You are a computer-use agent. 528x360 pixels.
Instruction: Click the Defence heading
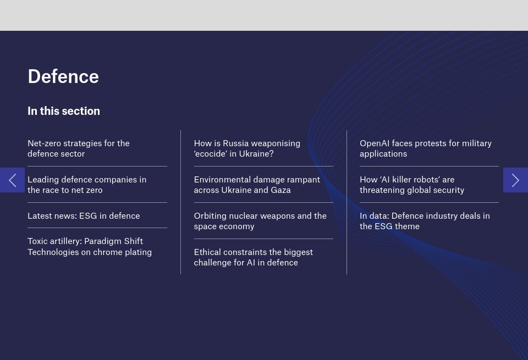[x=63, y=76]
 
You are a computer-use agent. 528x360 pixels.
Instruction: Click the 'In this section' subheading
[x=64, y=111]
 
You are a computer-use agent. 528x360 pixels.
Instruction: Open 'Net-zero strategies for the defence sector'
[x=79, y=148]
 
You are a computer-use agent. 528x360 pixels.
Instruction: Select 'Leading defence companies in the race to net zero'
[x=87, y=185]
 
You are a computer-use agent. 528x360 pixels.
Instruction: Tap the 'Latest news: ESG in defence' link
[x=84, y=216]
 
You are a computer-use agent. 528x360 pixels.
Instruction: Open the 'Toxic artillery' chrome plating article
[x=90, y=247]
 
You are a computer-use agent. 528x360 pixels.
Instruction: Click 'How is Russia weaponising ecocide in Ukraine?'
[x=247, y=148]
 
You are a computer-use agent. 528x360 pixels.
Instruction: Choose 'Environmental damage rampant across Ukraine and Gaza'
[x=257, y=185]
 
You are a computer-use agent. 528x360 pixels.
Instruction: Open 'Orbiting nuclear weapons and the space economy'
[x=260, y=221]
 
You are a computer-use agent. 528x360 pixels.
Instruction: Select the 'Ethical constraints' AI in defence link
[x=253, y=257]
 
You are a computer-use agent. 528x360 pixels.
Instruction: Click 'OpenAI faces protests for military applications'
[x=425, y=148]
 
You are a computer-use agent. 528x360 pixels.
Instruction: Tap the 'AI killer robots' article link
[x=411, y=185]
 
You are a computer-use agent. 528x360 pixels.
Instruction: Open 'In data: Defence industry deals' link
[x=425, y=221]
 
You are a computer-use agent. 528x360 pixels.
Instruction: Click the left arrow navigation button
[x=12, y=180]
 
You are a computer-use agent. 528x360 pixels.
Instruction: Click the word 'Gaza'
[x=280, y=190]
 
